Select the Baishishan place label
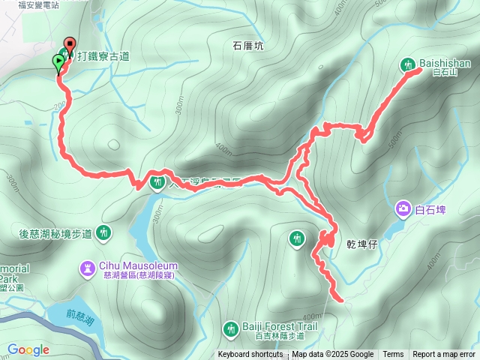445,64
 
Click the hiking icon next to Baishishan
409,64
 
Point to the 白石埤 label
430,209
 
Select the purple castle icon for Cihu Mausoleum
89,266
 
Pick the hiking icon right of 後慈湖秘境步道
103,233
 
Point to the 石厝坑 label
248,46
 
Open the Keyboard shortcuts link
251,355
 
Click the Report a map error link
444,355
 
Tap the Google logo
28,349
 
